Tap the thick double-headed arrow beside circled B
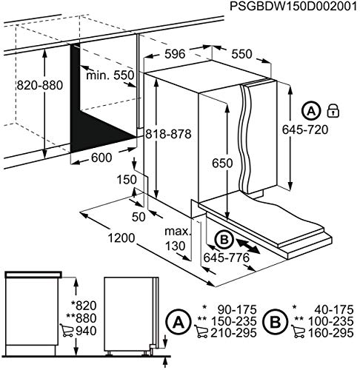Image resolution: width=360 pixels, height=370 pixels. click(244, 246)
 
